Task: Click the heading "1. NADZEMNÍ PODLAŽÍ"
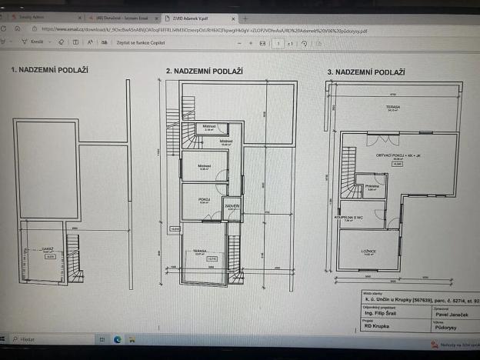pos(49,70)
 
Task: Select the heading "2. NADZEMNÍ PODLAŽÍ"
pos(205,71)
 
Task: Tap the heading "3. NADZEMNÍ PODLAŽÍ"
pos(366,72)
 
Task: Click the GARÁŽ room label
pos(47,250)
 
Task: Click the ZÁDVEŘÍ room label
pos(232,206)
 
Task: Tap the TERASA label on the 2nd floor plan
pos(199,251)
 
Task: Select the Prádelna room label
pos(372,186)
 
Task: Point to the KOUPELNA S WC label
pos(347,218)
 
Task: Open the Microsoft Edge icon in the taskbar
pos(118,338)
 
